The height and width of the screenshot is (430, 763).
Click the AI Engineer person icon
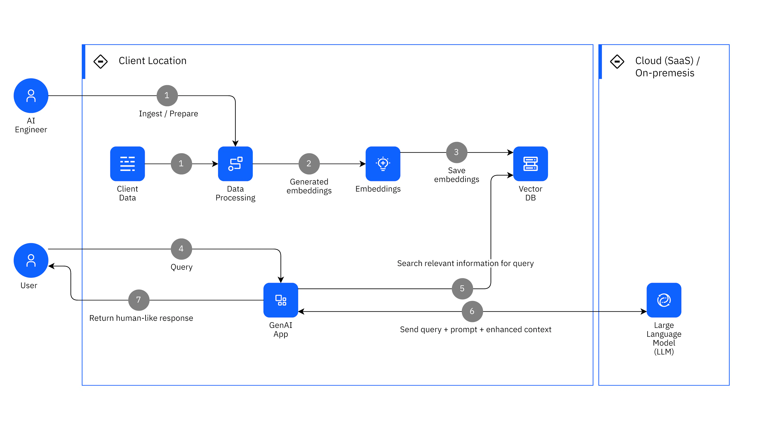31,95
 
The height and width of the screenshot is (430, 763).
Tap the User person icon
31,260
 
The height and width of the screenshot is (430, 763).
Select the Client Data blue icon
127,164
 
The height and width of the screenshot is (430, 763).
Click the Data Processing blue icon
235,164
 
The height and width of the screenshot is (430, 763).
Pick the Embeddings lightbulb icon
383,164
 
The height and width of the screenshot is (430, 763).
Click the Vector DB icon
530,164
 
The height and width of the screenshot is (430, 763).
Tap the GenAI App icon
281,300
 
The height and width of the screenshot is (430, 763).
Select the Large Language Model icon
664,300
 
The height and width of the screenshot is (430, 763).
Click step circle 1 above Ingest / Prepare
167,95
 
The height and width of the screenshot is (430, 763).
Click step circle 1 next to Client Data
181,164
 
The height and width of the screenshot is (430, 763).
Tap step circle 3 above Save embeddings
456,152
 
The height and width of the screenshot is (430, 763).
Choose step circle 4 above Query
181,249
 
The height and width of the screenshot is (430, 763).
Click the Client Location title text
153,61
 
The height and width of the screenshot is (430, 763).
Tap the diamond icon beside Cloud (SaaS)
617,62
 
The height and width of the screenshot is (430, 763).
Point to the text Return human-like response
141,318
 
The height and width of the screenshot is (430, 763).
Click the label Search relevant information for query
465,263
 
